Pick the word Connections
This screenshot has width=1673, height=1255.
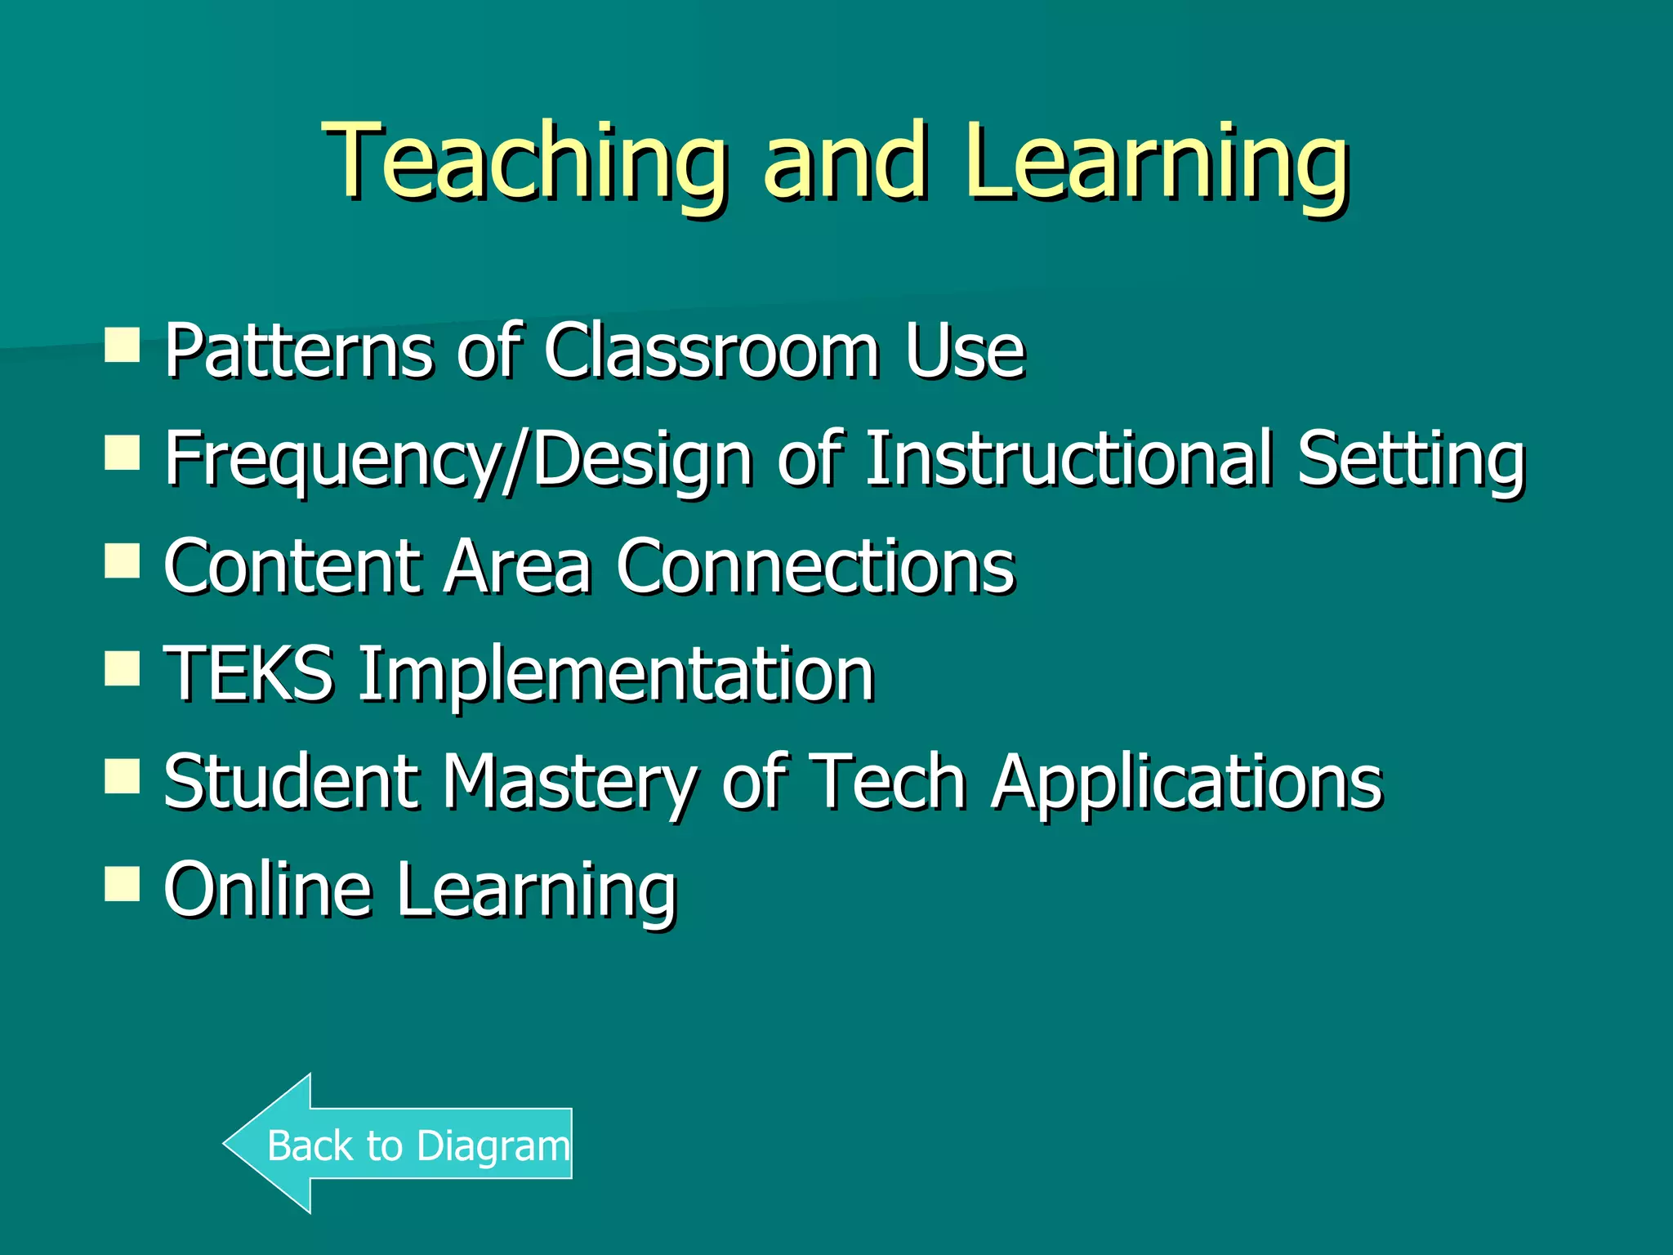814,567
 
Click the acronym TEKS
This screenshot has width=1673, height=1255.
248,675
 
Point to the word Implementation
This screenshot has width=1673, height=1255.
617,675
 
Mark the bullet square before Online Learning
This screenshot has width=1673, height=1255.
123,883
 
